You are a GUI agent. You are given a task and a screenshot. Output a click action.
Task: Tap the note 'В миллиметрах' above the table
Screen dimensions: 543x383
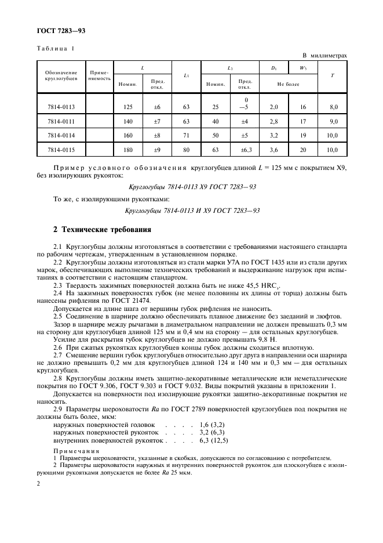pos(324,56)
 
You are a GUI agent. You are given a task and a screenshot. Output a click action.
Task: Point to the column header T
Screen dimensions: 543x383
pos(331,75)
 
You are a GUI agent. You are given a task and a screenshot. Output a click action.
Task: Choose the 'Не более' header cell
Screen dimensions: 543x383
pos(288,84)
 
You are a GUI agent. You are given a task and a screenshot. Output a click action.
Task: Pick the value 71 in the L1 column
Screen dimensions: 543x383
pos(186,136)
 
